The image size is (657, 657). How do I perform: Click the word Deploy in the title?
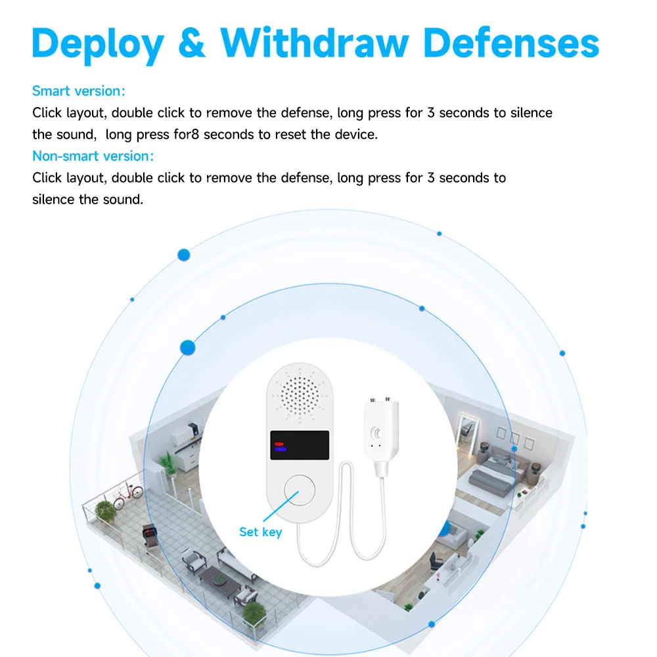click(x=98, y=44)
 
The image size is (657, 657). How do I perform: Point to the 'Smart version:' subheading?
click(x=78, y=91)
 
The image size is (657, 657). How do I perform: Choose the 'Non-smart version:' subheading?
click(x=93, y=156)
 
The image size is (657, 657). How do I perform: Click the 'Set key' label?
click(x=260, y=532)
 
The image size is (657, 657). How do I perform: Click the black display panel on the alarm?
click(x=299, y=445)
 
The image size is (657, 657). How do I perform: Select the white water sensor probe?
click(x=378, y=432)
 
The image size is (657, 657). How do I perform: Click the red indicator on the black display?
click(x=279, y=445)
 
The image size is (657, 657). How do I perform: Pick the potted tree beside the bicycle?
click(x=104, y=511)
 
